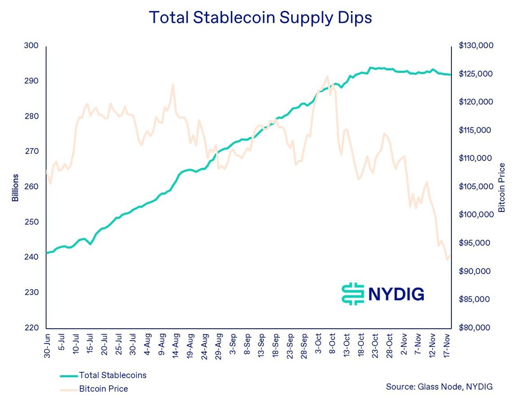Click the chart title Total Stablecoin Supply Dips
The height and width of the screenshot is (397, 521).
click(260, 18)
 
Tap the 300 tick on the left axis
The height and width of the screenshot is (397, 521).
click(33, 46)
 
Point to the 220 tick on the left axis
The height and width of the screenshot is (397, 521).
click(33, 328)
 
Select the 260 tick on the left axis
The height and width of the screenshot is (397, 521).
click(33, 187)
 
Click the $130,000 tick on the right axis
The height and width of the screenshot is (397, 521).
click(476, 46)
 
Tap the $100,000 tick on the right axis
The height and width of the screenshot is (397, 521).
click(476, 215)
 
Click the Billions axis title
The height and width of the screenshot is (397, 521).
click(16, 187)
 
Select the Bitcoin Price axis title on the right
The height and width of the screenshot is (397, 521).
click(502, 187)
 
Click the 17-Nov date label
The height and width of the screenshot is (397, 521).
click(447, 343)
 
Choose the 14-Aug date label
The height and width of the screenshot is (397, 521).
click(176, 343)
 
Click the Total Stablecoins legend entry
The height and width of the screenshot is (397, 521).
click(112, 375)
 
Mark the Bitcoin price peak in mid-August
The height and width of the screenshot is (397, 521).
click(172, 84)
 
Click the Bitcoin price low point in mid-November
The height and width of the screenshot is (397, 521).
click(447, 260)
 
